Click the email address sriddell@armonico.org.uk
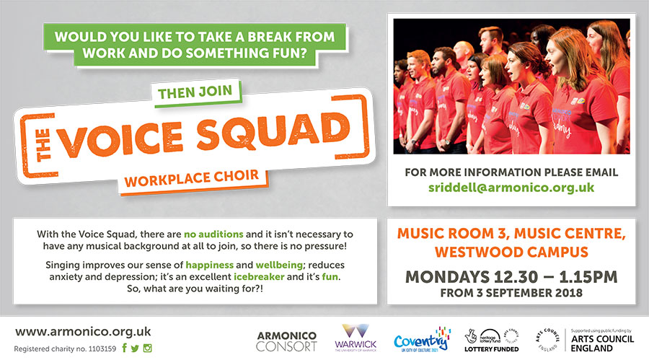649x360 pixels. tap(511, 188)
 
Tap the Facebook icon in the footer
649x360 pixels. tap(124, 348)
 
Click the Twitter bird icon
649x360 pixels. tap(135, 348)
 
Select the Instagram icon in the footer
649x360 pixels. tap(147, 348)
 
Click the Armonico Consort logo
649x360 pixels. tap(286, 341)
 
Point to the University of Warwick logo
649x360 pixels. tap(356, 338)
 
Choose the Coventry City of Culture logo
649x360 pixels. tap(422, 340)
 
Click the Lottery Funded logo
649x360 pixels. tap(492, 341)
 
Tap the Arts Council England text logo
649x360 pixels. tap(602, 343)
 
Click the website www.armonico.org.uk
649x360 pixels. tap(83, 332)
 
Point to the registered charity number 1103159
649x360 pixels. tap(65, 348)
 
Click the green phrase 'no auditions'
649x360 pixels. tap(213, 234)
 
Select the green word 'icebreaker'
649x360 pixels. tap(259, 276)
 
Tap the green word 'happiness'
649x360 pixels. tap(209, 265)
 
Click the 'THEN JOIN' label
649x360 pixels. tap(195, 92)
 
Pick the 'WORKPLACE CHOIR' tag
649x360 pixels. tap(192, 178)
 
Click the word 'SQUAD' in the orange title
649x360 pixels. tap(273, 132)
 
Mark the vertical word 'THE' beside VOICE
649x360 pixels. tap(43, 144)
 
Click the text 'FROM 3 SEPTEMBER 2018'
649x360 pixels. tap(511, 293)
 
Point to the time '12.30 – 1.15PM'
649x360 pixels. tap(555, 277)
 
